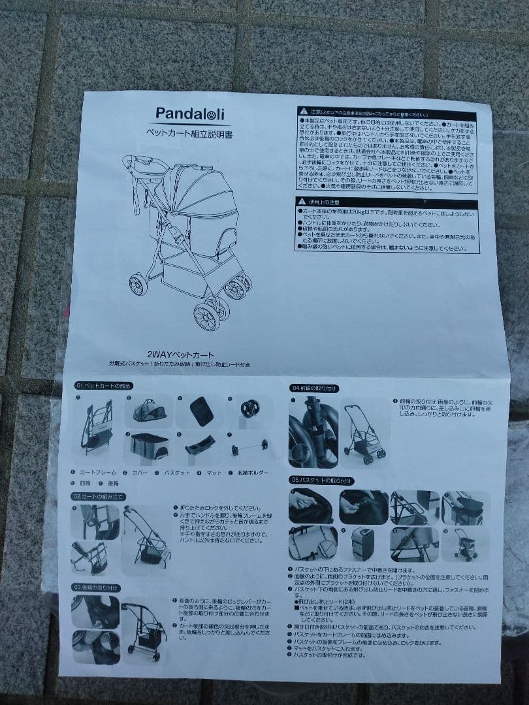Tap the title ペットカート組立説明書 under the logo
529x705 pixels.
[x=189, y=132]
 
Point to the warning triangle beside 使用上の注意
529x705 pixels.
[x=302, y=202]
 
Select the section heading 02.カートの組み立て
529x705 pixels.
[x=97, y=497]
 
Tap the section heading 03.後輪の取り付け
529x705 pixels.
[x=97, y=587]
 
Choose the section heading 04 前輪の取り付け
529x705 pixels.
[x=314, y=388]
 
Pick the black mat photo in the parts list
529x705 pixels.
[x=201, y=411]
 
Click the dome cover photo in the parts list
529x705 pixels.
[x=150, y=411]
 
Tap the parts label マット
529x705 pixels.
[x=214, y=472]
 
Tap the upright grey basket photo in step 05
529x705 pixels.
[x=362, y=544]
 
